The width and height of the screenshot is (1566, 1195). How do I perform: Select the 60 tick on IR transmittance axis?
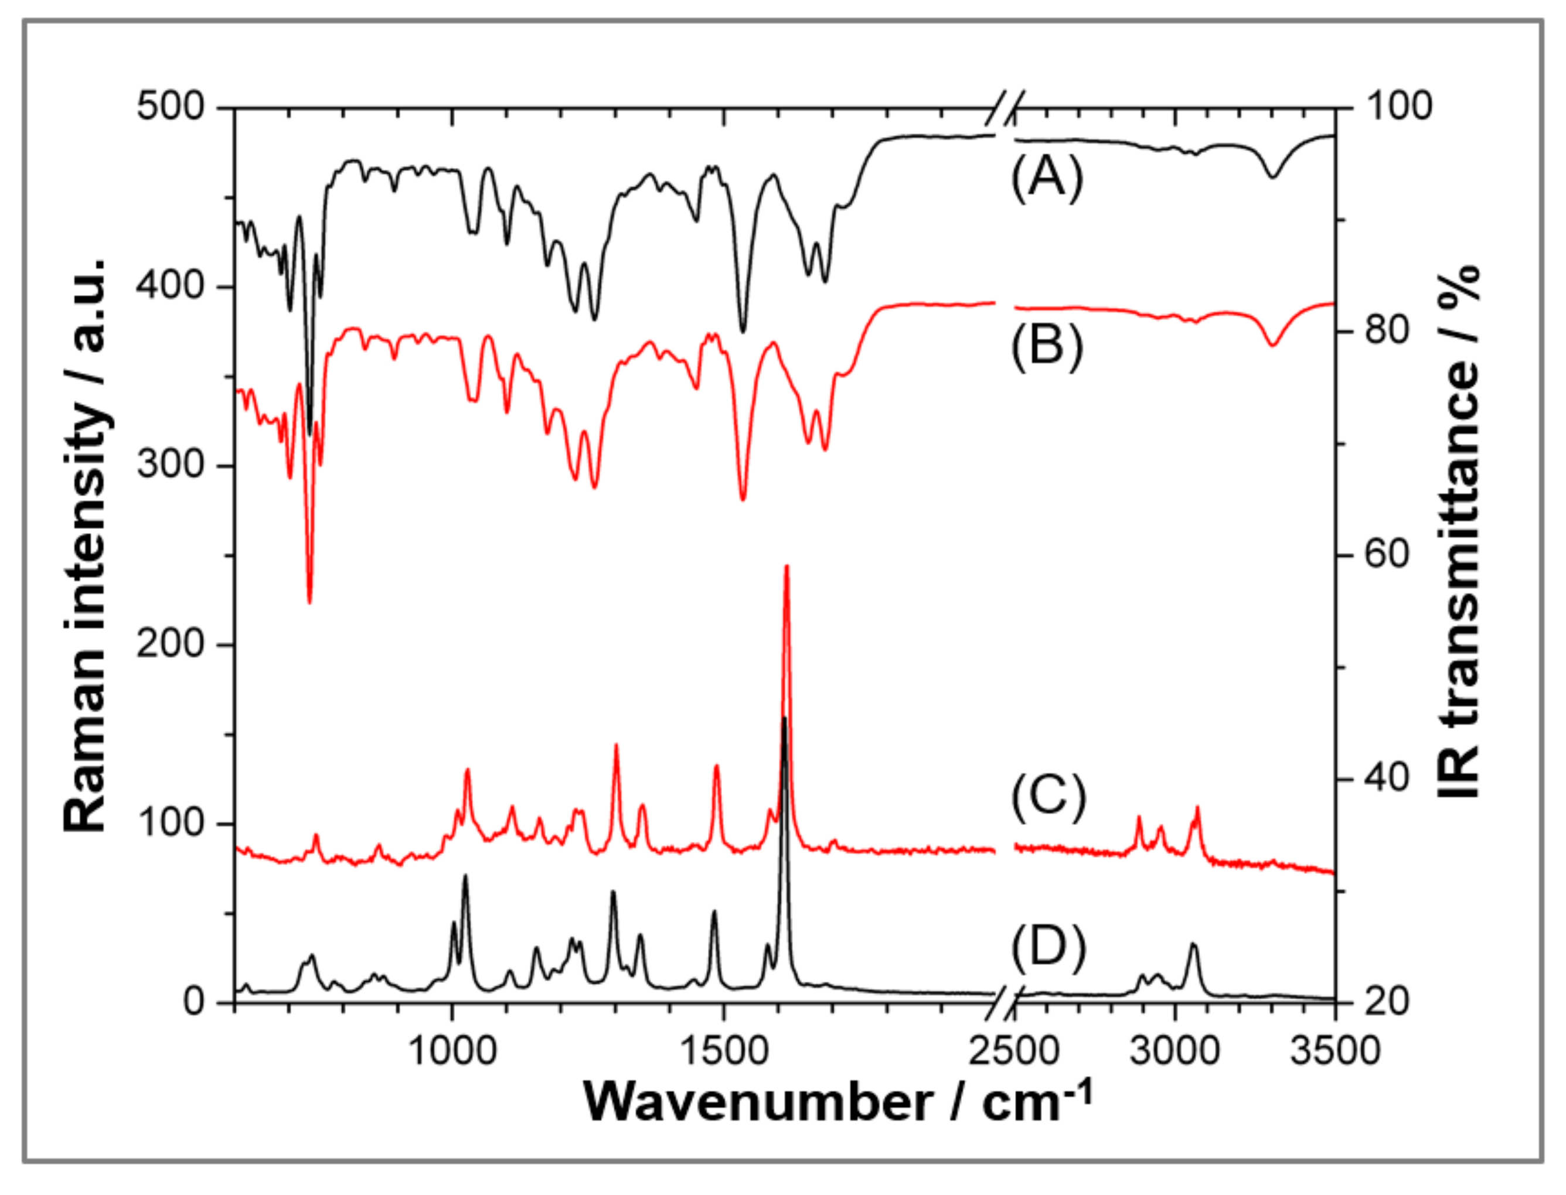click(x=1387, y=555)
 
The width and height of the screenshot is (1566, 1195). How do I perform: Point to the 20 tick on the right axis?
click(x=1387, y=1002)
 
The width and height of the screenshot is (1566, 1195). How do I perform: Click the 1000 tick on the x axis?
click(x=452, y=1051)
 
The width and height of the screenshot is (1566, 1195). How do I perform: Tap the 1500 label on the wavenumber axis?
click(x=724, y=1051)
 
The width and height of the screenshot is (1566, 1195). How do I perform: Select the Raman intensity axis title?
click(x=86, y=544)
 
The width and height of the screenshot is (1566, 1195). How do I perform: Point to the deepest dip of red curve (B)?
click(x=309, y=602)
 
